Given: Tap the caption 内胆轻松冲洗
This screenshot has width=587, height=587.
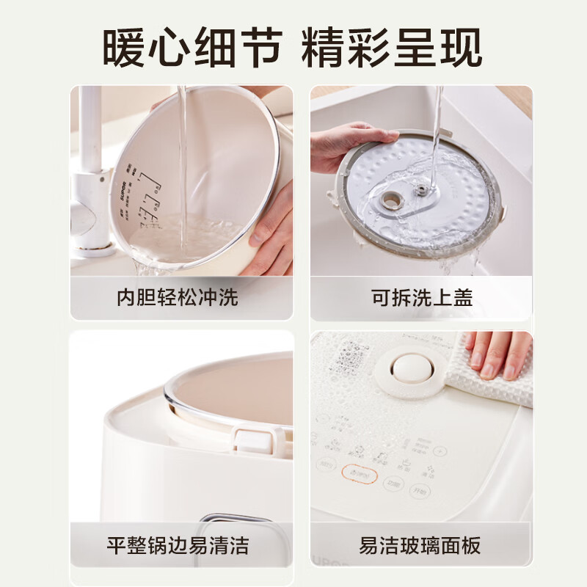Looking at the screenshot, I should tap(178, 298).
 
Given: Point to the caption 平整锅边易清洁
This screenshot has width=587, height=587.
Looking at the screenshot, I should tap(178, 545).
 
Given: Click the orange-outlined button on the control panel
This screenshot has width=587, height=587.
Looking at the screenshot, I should tap(360, 475).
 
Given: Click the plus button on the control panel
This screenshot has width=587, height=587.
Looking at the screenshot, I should tap(439, 452).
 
